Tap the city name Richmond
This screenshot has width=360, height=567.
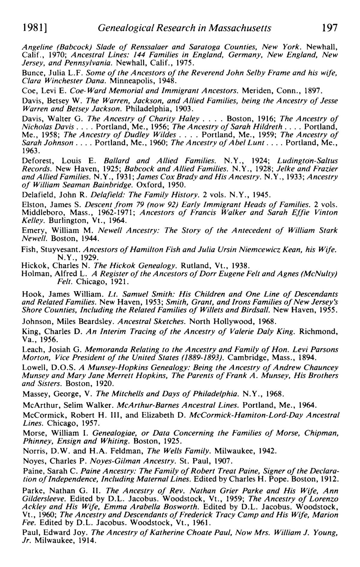tap(319, 332)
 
